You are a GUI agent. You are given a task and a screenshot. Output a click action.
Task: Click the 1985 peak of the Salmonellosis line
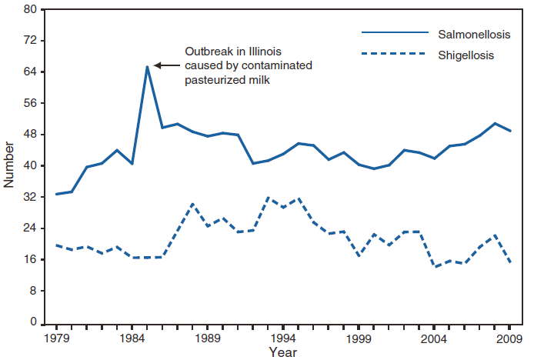tap(147, 66)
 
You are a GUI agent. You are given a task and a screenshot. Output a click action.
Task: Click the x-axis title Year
tap(282, 352)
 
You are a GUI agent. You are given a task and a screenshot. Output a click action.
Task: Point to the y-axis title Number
tap(9, 166)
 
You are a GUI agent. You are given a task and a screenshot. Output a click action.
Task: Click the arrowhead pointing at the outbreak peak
tap(157, 65)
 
